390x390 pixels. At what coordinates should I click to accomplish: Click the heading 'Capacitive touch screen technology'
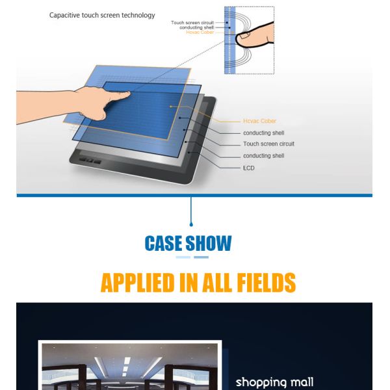(102, 16)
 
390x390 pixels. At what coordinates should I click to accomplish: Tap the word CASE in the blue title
(163, 243)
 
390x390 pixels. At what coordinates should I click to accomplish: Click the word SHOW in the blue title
(209, 243)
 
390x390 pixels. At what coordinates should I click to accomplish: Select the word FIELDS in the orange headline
(266, 283)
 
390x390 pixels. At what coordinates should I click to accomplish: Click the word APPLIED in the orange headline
(138, 283)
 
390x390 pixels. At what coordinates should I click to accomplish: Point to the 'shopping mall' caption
(274, 382)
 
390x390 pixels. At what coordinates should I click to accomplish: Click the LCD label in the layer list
(249, 168)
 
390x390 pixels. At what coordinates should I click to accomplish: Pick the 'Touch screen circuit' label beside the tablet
(268, 144)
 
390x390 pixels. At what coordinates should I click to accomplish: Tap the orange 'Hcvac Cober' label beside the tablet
(259, 121)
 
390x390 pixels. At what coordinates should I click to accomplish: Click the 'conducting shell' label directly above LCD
(264, 156)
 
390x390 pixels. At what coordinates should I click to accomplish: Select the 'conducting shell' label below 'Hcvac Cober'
(264, 133)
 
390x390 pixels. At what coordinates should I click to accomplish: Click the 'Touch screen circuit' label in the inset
(192, 23)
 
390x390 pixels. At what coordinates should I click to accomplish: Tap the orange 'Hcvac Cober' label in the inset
(200, 32)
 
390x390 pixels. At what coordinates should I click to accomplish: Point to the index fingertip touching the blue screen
(127, 94)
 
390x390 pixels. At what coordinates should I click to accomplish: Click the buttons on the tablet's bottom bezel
(90, 161)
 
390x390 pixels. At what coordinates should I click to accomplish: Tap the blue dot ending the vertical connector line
(191, 225)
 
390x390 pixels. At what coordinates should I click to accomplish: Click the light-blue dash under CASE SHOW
(183, 257)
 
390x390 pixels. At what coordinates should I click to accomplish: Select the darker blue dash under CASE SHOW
(201, 257)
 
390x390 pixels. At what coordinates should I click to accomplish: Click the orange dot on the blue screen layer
(170, 107)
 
